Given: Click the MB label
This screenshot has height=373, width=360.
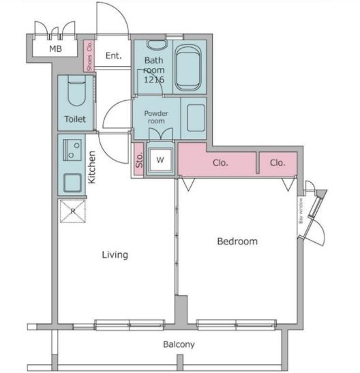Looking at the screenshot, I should tap(53, 49).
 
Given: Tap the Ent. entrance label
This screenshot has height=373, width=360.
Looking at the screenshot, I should tap(113, 56).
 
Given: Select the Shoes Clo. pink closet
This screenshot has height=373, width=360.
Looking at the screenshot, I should tap(88, 56).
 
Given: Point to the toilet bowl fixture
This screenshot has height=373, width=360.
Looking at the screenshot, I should tap(75, 93).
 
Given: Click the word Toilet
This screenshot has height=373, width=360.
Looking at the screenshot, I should tap(75, 119).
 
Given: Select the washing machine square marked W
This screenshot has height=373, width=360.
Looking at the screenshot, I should tap(161, 160).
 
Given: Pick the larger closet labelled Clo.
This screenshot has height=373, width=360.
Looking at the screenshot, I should tap(219, 163).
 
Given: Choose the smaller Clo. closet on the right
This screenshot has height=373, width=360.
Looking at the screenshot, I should tap(277, 163).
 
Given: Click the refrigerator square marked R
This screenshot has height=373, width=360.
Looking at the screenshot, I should tap(72, 211).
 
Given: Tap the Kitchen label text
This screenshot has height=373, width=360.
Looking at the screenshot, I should tap(91, 168).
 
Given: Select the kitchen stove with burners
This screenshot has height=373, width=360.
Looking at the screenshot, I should tap(72, 149).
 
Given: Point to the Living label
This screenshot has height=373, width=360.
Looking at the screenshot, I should tap(115, 255).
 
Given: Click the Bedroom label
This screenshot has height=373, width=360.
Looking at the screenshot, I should tap(237, 241).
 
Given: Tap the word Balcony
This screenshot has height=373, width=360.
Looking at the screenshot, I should tap(179, 344).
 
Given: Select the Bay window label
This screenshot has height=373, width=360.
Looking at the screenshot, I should tap(300, 210).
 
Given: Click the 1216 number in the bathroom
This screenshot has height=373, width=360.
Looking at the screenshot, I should tap(153, 79).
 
